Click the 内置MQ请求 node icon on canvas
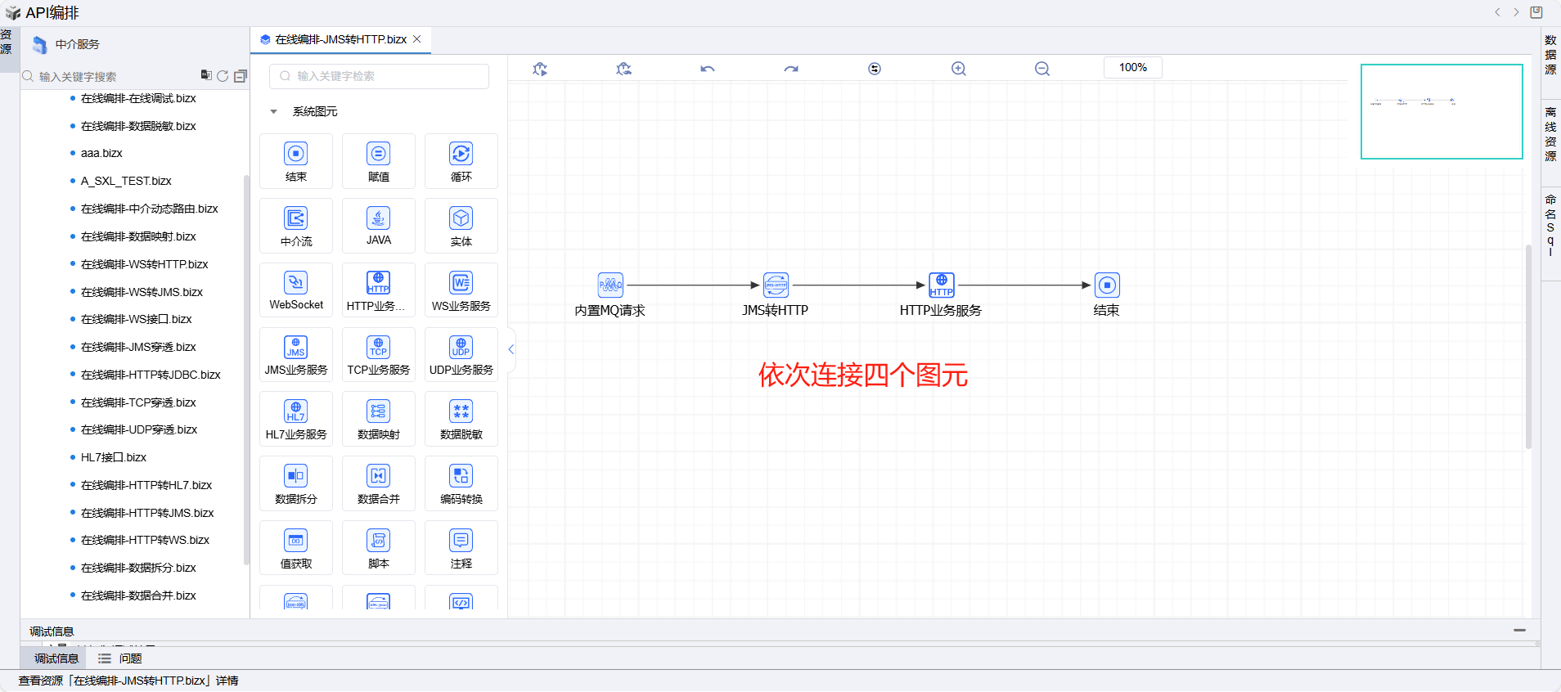[x=610, y=285]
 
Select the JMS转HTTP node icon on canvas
[x=776, y=285]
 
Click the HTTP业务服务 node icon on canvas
[x=942, y=285]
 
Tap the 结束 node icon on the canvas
[x=1107, y=285]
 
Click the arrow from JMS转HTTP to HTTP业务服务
[x=859, y=285]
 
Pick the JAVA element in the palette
[x=378, y=225]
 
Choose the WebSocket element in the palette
[x=296, y=290]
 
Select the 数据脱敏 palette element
[x=461, y=419]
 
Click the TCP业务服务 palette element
[x=378, y=354]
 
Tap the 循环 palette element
[x=461, y=160]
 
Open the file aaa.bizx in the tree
[x=101, y=153]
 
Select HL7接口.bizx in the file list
[x=114, y=457]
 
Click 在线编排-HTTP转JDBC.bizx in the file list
[x=151, y=375]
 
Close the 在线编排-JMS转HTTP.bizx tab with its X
[x=417, y=39]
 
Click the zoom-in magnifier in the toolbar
[x=959, y=69]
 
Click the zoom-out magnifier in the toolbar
[x=1042, y=69]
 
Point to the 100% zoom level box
[x=1133, y=67]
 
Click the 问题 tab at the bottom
[x=129, y=658]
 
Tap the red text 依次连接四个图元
[x=863, y=375]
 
